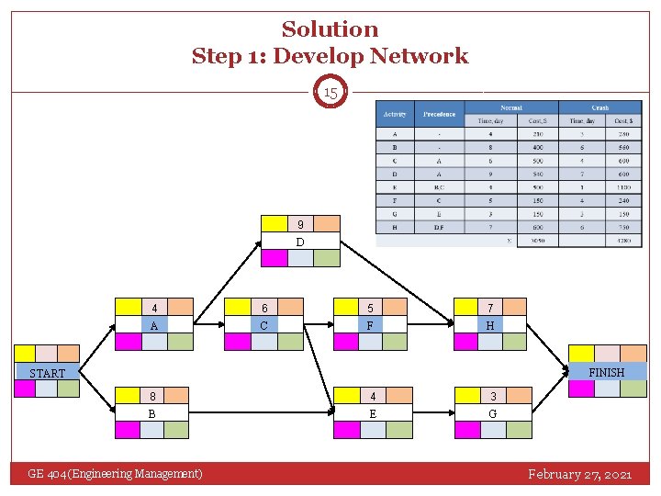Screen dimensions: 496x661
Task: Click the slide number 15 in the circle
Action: click(330, 93)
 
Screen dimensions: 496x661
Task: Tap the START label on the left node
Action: click(47, 373)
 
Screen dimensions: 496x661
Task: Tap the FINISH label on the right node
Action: click(606, 372)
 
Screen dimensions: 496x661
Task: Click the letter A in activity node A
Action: click(154, 325)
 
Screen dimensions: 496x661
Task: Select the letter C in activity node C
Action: click(264, 325)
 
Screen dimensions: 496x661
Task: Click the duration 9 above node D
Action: click(300, 224)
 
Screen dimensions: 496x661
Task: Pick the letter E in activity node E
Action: click(371, 412)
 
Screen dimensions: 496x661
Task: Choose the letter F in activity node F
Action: click(370, 325)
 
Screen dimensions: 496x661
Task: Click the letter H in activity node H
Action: click(490, 325)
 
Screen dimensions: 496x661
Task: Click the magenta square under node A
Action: click(128, 342)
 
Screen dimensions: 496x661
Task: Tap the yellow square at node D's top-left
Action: click(274, 223)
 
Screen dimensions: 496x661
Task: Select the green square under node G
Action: click(520, 429)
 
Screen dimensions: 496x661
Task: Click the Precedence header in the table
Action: click(439, 115)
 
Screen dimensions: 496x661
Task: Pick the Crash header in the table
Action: click(599, 107)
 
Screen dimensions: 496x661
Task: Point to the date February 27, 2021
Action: click(579, 474)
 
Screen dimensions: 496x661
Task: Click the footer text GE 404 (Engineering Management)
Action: click(115, 474)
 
